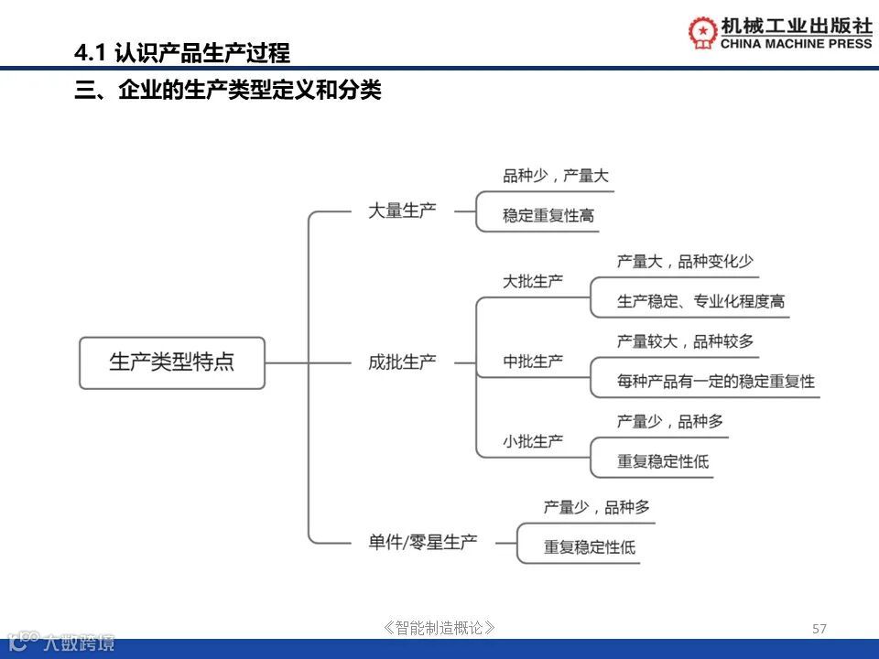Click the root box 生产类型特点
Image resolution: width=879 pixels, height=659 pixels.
click(172, 362)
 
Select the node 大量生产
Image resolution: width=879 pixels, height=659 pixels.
click(402, 211)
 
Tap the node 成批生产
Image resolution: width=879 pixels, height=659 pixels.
click(402, 362)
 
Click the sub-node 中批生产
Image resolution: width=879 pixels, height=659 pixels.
click(533, 362)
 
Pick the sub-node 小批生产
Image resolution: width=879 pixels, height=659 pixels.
click(533, 441)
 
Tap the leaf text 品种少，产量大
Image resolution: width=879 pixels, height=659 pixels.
click(555, 176)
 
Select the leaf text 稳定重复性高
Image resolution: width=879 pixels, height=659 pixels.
click(548, 216)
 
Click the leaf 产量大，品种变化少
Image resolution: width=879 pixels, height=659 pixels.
click(685, 261)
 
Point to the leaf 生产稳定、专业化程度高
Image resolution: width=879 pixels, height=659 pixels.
click(700, 301)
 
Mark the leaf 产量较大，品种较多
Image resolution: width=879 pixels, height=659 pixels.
click(685, 341)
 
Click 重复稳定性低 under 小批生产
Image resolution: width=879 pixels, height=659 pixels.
click(663, 461)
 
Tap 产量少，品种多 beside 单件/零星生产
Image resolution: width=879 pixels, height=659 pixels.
click(596, 507)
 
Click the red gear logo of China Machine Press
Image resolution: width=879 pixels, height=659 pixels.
click(703, 32)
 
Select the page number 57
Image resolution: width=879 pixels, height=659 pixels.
click(819, 629)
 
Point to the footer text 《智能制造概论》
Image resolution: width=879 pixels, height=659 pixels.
click(440, 628)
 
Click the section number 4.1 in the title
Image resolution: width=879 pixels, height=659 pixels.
click(92, 53)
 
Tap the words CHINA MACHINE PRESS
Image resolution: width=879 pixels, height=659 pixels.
click(784, 43)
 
